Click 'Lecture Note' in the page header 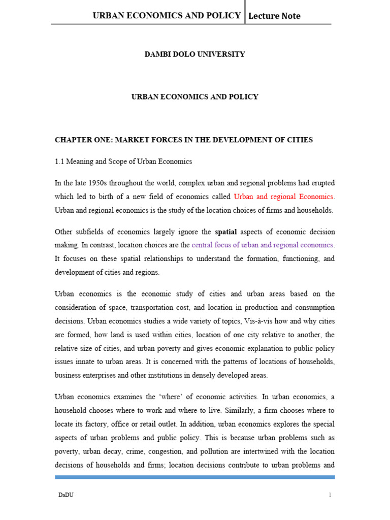(x=274, y=16)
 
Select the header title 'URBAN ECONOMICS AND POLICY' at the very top (x=167, y=15)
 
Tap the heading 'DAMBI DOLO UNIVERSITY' (x=195, y=54)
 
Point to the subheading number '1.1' (x=60, y=161)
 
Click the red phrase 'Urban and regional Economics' (x=283, y=196)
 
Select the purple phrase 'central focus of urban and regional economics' (x=262, y=245)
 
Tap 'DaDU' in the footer (x=63, y=495)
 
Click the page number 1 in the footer (x=330, y=495)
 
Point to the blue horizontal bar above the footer (x=195, y=477)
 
